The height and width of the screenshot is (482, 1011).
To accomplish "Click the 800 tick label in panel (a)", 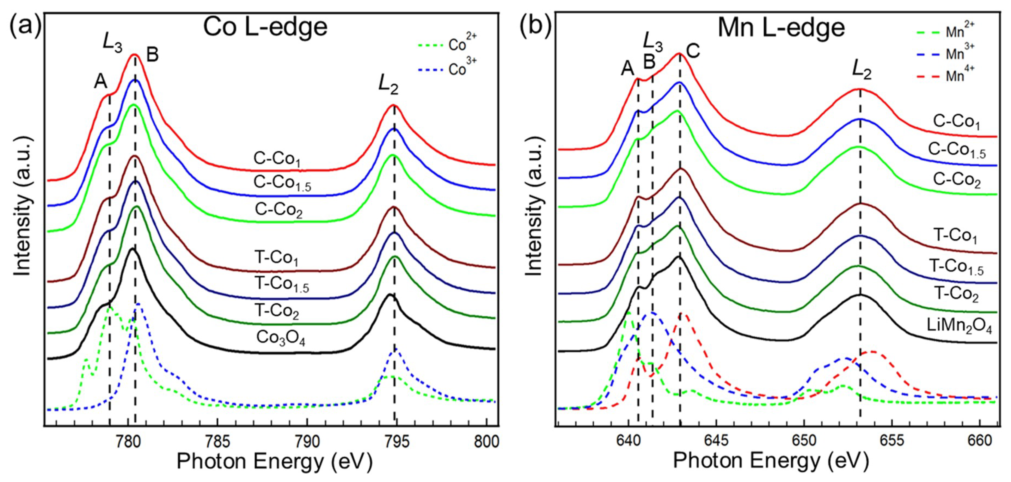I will coord(486,442).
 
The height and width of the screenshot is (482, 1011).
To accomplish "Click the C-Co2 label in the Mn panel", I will coord(957,180).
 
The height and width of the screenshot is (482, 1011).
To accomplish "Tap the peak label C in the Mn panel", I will coord(693,51).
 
